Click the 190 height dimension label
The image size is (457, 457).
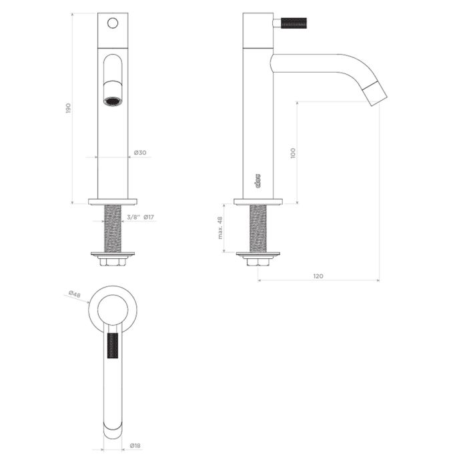click(x=68, y=109)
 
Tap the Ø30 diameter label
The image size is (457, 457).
click(x=140, y=153)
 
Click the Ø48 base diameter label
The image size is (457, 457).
click(x=74, y=294)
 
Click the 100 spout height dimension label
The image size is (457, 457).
click(x=293, y=153)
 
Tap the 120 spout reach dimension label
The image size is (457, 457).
click(x=318, y=275)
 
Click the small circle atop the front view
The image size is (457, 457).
click(x=113, y=23)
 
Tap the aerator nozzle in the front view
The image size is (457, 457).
click(x=113, y=101)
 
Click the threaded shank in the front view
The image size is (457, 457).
click(x=113, y=228)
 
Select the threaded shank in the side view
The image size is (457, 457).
click(x=258, y=228)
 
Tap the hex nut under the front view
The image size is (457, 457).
click(x=113, y=262)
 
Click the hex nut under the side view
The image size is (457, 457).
click(x=258, y=262)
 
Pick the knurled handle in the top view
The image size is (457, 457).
click(x=113, y=347)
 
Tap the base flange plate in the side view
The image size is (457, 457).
click(x=258, y=201)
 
